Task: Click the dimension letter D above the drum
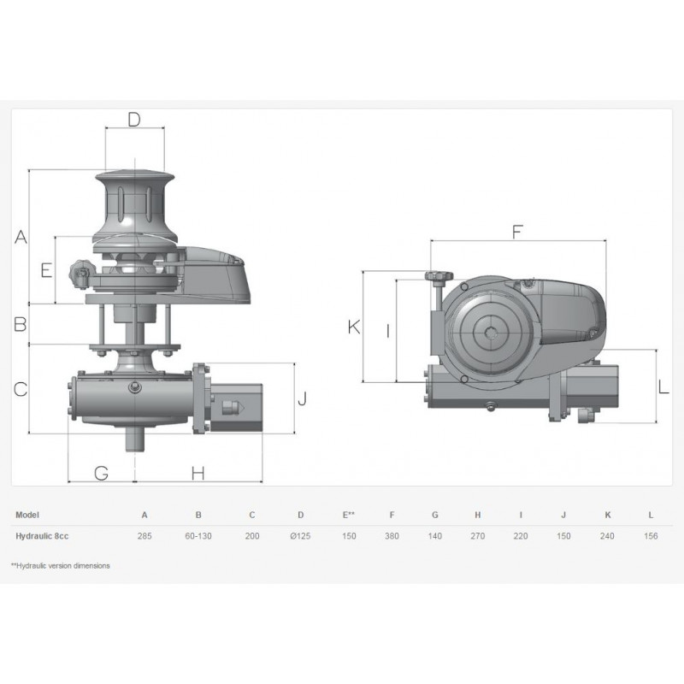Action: [134, 119]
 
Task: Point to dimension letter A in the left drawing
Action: [21, 237]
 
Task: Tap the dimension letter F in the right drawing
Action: [517, 232]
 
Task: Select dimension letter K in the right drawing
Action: [354, 327]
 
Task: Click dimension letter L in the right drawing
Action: [663, 387]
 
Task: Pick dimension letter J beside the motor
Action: [302, 398]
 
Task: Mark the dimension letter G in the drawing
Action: [102, 473]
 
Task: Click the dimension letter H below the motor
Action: [198, 473]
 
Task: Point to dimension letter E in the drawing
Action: [47, 270]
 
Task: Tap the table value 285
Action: [144, 536]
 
